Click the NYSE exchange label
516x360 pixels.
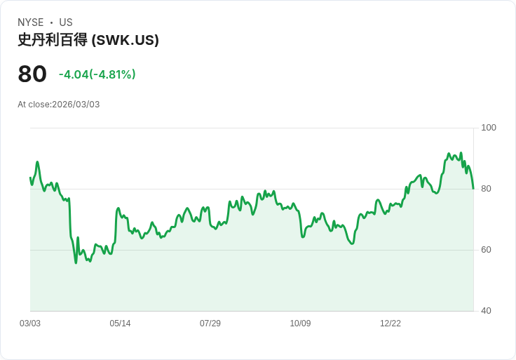pyautogui.click(x=31, y=22)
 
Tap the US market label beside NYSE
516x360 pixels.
pyautogui.click(x=66, y=22)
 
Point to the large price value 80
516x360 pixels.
pyautogui.click(x=32, y=74)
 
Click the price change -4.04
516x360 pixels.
pyautogui.click(x=74, y=74)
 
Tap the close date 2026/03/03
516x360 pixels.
pyautogui.click(x=76, y=105)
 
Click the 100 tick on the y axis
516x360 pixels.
pyautogui.click(x=489, y=128)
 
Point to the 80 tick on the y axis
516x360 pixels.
pyautogui.click(x=486, y=189)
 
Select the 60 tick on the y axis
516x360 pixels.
pyautogui.click(x=486, y=250)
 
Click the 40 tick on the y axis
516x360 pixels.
pyautogui.click(x=486, y=311)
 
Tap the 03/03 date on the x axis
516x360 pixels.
pyautogui.click(x=30, y=324)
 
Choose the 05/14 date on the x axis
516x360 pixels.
pyautogui.click(x=120, y=324)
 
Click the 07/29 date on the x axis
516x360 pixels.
pyautogui.click(x=210, y=324)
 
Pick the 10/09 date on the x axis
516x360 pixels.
pyautogui.click(x=300, y=324)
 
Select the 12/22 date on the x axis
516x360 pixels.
pyautogui.click(x=391, y=324)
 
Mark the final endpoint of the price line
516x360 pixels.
pyautogui.click(x=473, y=188)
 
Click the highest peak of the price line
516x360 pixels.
pyautogui.click(x=449, y=153)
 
